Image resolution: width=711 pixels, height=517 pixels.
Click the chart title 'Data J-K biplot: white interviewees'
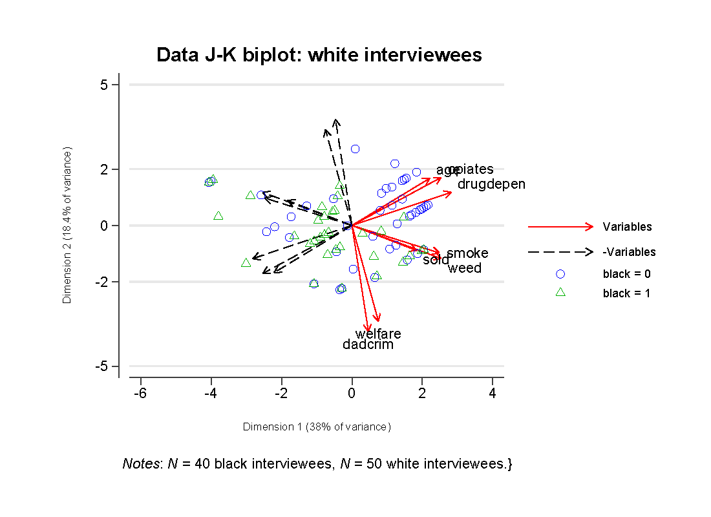[319, 55]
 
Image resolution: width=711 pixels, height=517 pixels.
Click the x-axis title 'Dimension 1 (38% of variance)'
[317, 427]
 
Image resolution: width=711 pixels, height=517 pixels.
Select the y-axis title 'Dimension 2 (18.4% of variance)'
[67, 225]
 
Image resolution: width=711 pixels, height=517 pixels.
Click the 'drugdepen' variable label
[491, 184]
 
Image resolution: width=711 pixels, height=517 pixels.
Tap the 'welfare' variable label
[378, 334]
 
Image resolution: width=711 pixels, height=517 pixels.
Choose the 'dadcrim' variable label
[368, 345]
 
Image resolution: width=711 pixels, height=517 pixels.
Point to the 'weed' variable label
[464, 268]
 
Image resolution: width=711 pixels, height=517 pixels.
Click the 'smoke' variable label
[467, 253]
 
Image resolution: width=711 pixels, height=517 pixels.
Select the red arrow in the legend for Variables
[560, 226]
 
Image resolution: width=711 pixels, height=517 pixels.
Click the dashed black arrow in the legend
[560, 251]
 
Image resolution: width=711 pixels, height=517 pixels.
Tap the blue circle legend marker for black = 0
[560, 273]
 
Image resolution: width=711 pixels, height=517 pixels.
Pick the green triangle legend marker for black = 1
[560, 292]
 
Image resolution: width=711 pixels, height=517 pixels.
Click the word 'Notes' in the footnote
[140, 464]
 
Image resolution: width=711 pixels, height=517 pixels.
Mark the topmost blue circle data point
[355, 149]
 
